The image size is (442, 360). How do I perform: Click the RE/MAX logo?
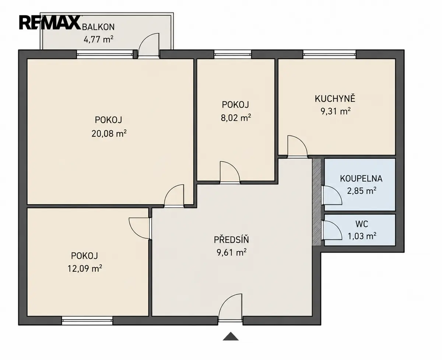[50, 22]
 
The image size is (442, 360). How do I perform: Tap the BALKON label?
[98, 27]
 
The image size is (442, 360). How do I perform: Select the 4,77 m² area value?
[98, 39]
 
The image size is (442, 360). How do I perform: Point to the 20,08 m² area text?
[109, 133]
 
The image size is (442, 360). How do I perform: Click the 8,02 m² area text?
[236, 118]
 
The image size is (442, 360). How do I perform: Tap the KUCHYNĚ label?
[335, 99]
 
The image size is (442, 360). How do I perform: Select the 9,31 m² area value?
[336, 111]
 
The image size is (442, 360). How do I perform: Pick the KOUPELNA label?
[361, 179]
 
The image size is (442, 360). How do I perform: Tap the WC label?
[362, 224]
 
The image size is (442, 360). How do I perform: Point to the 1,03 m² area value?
[362, 236]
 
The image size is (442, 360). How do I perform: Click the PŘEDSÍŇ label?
[231, 240]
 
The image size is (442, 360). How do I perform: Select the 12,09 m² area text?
[85, 269]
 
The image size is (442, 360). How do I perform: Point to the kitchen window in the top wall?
[329, 55]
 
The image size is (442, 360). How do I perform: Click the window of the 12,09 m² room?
[87, 321]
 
